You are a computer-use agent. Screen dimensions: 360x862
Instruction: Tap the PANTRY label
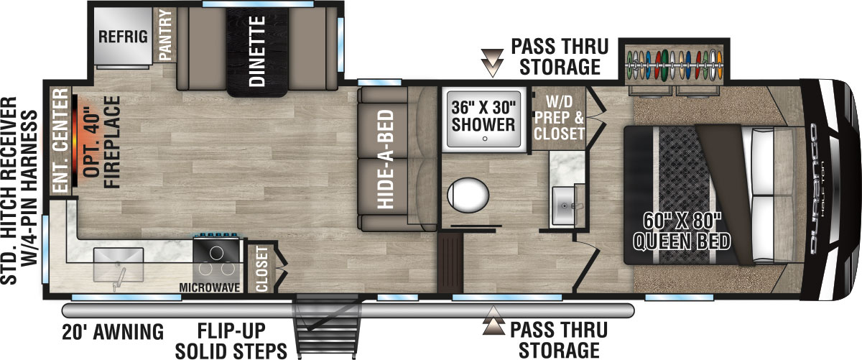pyautogui.click(x=164, y=34)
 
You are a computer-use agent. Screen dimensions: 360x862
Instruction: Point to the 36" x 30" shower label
pyautogui.click(x=484, y=115)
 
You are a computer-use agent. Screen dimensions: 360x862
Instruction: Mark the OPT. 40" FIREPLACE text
pyautogui.click(x=99, y=144)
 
